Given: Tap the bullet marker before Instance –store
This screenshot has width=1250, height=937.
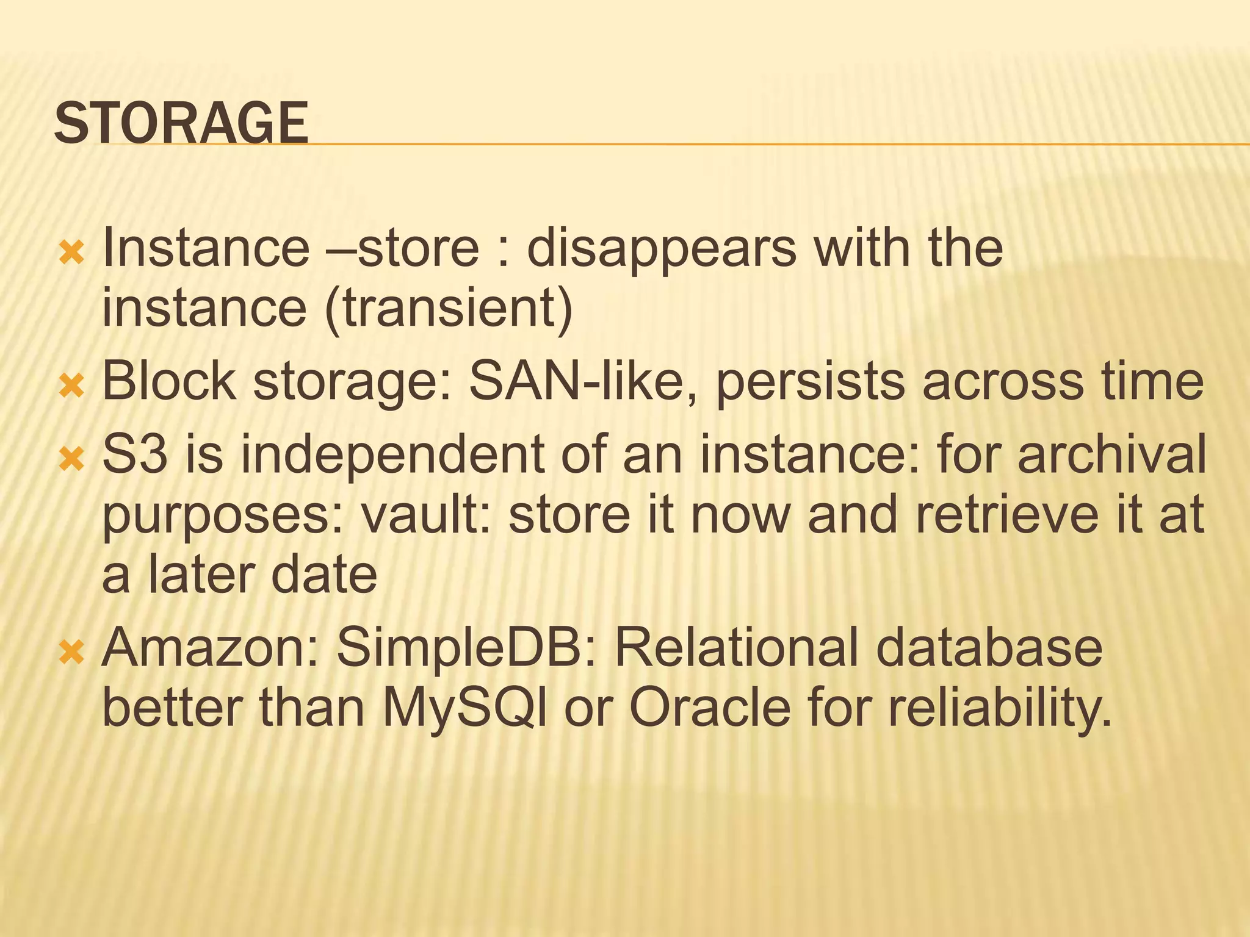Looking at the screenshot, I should click(71, 252).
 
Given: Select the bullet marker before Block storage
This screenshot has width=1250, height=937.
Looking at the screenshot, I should click(71, 385).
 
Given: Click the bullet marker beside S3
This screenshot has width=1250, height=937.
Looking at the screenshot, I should click(71, 457).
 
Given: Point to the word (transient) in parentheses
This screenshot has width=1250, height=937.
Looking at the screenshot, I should click(449, 308).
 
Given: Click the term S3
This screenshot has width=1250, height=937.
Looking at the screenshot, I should click(134, 454).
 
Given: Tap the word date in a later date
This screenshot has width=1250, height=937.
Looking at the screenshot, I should click(324, 575).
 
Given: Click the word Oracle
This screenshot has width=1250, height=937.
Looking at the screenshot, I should click(710, 708).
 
